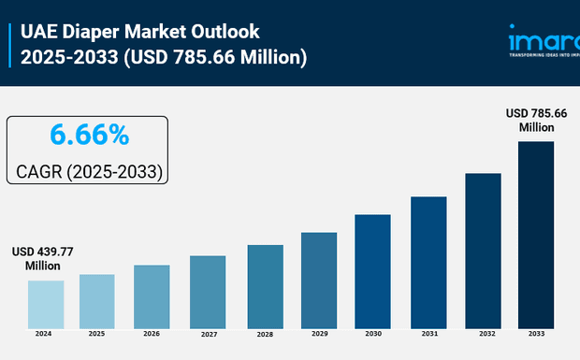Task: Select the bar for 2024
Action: pos(45,304)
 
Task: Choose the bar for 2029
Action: pos(318,280)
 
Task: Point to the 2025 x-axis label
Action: pos(96,333)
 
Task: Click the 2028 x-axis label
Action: pos(265,334)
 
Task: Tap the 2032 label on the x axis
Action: pos(483,333)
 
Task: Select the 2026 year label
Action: pos(152,333)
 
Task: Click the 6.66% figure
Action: pos(89,136)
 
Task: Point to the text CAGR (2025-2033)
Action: pos(90,172)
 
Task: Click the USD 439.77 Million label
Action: pos(43,259)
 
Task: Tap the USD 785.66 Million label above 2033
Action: pos(536,120)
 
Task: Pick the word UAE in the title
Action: pos(38,33)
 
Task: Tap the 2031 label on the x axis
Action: pos(428,333)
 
